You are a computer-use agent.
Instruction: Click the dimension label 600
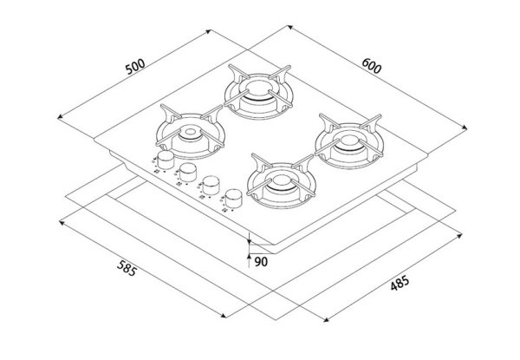pos(372,66)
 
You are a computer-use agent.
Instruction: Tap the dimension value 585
pos(127,268)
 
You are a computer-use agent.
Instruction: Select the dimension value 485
pos(400,283)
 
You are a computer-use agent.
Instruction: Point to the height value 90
pos(261,262)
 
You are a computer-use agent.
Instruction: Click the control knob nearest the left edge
pos(166,160)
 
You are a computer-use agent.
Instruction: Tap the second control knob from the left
pos(188,172)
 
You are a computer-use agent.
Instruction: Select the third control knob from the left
pos(211,185)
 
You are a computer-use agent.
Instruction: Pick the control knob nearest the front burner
pos(233,198)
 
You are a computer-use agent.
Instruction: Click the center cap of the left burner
pos(190,132)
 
